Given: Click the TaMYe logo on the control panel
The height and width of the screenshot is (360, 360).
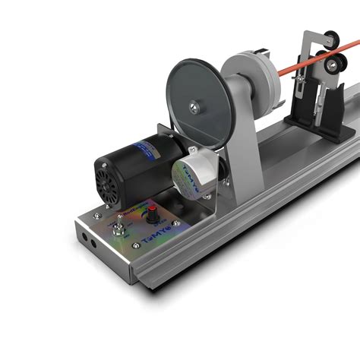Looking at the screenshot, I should click(x=156, y=237).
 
